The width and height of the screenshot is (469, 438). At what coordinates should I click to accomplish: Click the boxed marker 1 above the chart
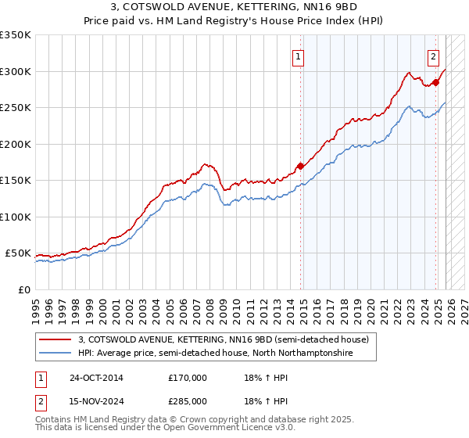[299, 56]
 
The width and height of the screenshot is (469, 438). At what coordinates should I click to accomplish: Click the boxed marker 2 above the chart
[433, 56]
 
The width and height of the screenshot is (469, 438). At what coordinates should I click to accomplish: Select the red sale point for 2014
[300, 166]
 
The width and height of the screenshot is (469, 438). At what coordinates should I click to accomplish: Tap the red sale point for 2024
[435, 81]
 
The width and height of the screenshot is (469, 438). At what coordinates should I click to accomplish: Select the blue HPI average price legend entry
[215, 354]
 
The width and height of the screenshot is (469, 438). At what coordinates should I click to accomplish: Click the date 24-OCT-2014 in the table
[96, 378]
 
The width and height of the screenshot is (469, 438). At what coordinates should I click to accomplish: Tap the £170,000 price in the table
[188, 378]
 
